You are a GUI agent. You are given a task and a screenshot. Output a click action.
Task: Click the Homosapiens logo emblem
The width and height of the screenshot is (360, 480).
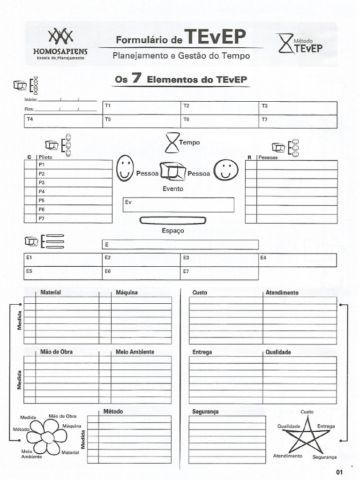coord(61,36)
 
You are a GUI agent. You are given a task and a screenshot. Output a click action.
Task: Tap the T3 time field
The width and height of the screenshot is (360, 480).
coord(298,108)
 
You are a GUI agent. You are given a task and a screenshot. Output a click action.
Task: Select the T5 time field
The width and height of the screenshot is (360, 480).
coord(142,121)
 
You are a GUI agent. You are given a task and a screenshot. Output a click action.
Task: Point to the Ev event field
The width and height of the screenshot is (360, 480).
coord(178,205)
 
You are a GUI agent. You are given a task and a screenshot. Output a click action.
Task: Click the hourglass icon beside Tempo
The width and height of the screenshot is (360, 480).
coord(172,142)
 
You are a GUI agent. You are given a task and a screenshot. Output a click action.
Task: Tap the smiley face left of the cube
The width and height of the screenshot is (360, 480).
coord(125,168)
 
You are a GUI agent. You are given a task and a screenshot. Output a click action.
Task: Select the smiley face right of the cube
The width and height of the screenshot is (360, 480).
coord(226,170)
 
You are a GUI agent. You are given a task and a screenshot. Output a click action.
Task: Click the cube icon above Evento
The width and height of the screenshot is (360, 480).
coord(172,172)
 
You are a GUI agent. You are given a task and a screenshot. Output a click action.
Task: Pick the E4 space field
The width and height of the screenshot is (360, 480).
coord(297,260)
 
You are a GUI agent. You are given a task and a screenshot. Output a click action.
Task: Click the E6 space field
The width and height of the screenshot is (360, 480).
coord(142,273)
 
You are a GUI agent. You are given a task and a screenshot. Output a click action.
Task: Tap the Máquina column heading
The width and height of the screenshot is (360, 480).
coord(127,292)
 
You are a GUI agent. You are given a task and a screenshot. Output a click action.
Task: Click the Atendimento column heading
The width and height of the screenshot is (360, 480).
coord(282,292)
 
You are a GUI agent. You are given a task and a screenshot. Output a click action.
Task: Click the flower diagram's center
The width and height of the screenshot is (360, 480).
coord(47,437)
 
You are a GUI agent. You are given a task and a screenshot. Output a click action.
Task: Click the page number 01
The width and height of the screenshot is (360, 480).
coord(340,472)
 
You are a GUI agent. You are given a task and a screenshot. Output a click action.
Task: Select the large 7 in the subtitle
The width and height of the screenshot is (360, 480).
coord(137,78)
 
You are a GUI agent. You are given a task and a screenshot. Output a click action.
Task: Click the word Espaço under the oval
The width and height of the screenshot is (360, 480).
coord(173,231)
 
